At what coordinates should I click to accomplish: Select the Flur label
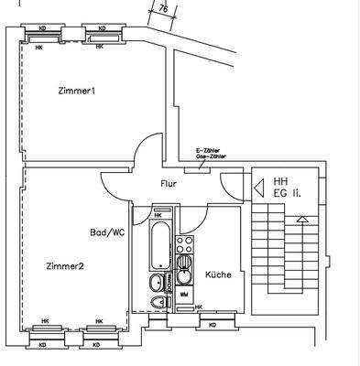(169, 183)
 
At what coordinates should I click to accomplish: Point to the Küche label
(217, 274)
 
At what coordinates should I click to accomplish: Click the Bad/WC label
(107, 232)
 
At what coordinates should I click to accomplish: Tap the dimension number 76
(162, 10)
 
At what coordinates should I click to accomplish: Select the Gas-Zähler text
(213, 157)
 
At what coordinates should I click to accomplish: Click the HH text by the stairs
(280, 181)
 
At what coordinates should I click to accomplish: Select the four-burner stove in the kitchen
(184, 244)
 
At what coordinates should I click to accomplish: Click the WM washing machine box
(184, 295)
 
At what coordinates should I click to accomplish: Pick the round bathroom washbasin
(158, 281)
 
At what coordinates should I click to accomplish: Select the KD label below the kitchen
(213, 325)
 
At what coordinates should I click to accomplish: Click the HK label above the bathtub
(158, 215)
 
